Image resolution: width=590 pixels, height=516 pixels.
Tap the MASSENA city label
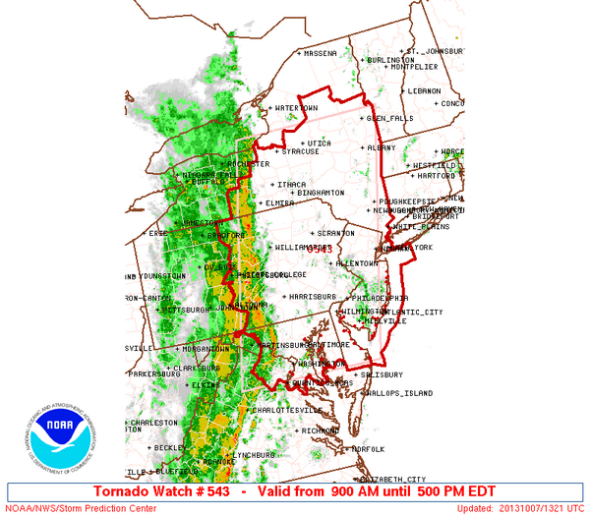[321, 53]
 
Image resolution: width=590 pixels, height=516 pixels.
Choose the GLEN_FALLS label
[389, 118]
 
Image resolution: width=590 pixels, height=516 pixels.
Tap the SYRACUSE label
[298, 151]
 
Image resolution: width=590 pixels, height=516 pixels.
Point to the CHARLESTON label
[154, 423]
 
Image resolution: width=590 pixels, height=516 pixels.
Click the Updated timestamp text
[520, 508]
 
